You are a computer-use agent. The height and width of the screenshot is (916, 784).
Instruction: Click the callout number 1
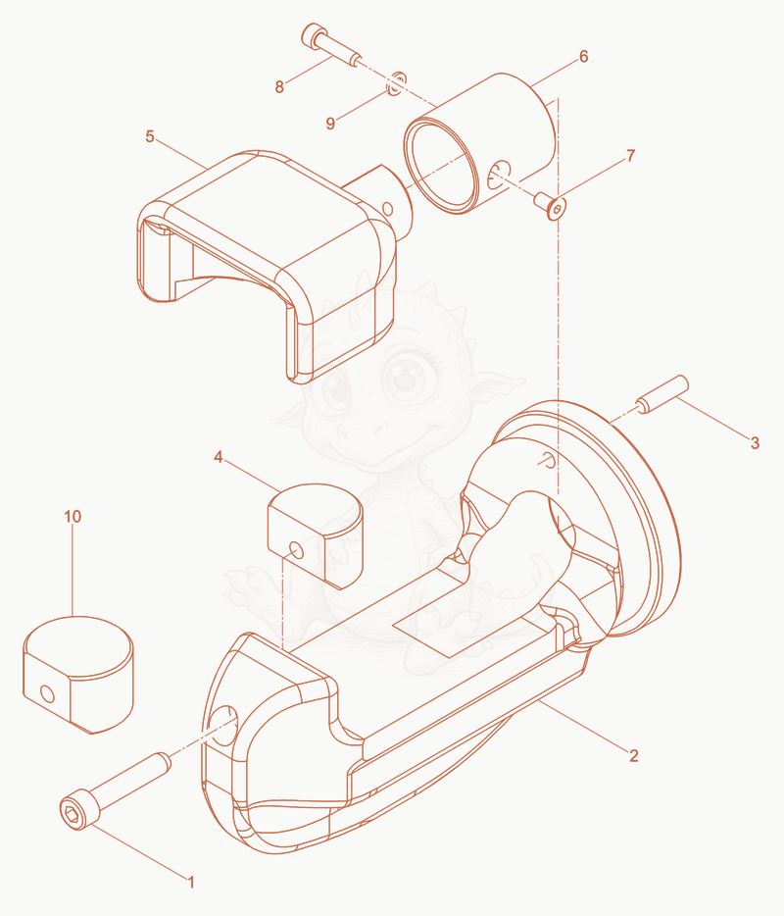190,882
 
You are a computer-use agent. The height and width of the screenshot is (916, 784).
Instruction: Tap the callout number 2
634,755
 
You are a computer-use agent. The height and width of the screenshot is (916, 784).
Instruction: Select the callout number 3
755,443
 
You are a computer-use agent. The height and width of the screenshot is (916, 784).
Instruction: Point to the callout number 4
219,457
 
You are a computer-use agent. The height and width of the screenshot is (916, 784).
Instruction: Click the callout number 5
150,136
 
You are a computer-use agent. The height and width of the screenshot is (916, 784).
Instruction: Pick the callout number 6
583,56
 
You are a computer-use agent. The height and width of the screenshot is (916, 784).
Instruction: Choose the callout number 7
630,155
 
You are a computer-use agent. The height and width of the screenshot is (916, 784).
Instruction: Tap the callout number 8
279,86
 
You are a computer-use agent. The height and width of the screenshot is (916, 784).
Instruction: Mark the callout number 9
330,124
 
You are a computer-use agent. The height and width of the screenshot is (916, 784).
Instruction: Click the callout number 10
73,517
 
